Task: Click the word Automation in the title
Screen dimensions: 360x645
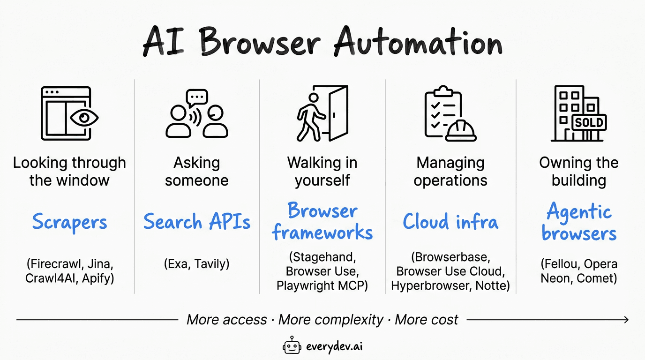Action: [418, 43]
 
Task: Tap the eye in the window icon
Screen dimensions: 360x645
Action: [84, 118]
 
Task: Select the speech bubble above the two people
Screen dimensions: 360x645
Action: [197, 97]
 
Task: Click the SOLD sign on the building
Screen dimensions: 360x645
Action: [589, 123]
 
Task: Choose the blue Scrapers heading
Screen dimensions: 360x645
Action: [69, 222]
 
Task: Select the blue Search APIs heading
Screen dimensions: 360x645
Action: [197, 222]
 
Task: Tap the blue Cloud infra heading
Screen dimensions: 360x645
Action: [450, 222]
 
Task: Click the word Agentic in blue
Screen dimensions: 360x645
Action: [579, 212]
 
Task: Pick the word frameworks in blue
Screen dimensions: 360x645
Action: [322, 232]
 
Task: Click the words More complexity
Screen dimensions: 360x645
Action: [331, 320]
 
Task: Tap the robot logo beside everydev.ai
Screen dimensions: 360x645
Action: [292, 346]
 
